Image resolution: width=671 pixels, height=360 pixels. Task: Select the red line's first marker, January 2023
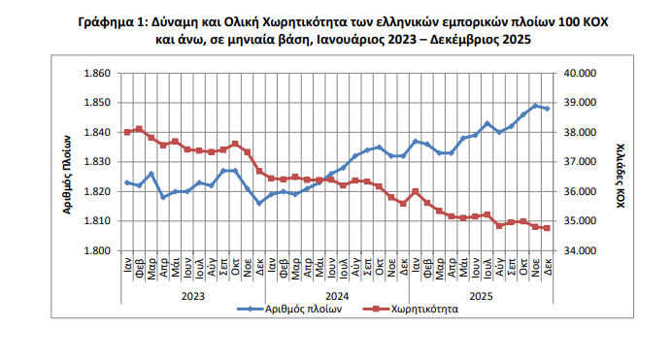[127, 132]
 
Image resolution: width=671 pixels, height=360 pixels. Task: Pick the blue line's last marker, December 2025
[547, 109]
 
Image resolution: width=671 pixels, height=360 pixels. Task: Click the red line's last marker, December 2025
[547, 228]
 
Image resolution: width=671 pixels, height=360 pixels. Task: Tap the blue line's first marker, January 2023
[127, 182]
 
